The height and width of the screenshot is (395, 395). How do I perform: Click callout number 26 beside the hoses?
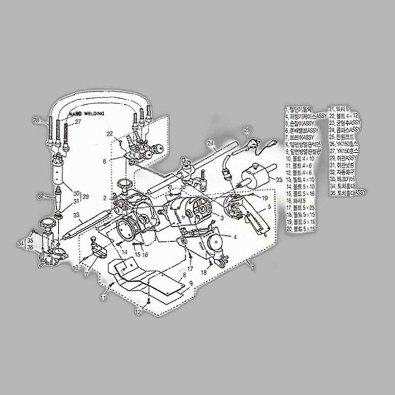(37, 120)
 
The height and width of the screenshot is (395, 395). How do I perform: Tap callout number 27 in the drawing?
(78, 122)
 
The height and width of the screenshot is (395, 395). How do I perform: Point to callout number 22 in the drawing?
(109, 134)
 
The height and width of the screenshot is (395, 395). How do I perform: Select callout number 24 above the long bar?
(210, 143)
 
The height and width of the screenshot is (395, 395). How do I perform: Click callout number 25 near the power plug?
(247, 130)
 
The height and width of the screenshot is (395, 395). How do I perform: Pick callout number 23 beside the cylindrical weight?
(279, 180)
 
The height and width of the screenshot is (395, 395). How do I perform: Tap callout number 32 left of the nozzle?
(40, 196)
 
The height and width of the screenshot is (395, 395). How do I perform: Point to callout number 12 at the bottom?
(137, 312)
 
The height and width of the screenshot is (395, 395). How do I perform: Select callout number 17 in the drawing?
(190, 269)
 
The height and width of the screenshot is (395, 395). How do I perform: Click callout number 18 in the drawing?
(204, 273)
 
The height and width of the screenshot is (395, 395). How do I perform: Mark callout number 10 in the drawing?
(75, 268)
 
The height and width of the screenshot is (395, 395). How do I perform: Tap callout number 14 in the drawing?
(124, 251)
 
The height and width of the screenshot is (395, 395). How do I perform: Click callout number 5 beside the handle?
(269, 206)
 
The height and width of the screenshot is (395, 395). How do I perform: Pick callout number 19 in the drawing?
(265, 197)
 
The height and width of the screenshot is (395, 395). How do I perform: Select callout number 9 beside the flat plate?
(191, 283)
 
